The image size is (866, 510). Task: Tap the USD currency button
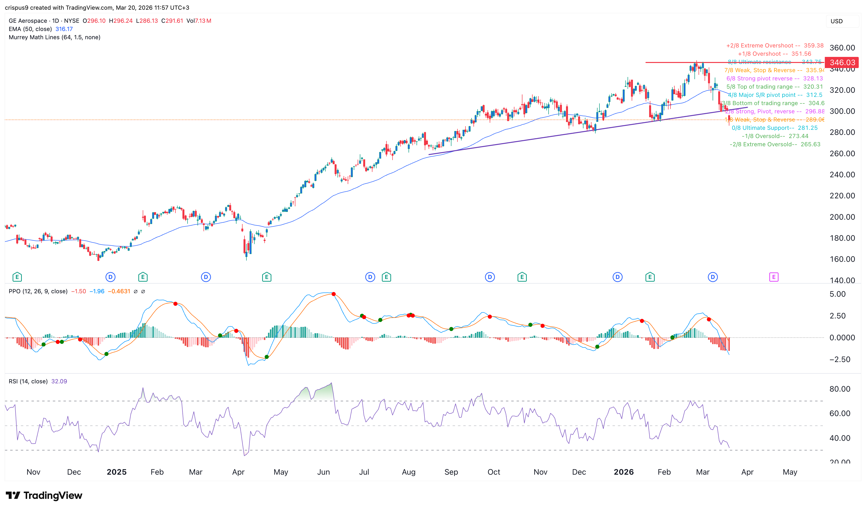836,21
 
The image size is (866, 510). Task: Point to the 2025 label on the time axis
117,472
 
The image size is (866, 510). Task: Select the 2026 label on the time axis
624,472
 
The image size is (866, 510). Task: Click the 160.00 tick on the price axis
842,259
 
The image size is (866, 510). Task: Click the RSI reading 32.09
59,381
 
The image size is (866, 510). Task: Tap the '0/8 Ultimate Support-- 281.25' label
775,128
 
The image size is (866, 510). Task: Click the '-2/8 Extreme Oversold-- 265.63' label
775,144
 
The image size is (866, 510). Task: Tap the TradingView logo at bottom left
44,495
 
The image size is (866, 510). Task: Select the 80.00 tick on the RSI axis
840,389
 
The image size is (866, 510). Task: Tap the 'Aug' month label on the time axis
409,472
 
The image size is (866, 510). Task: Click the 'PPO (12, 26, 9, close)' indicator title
38,291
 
